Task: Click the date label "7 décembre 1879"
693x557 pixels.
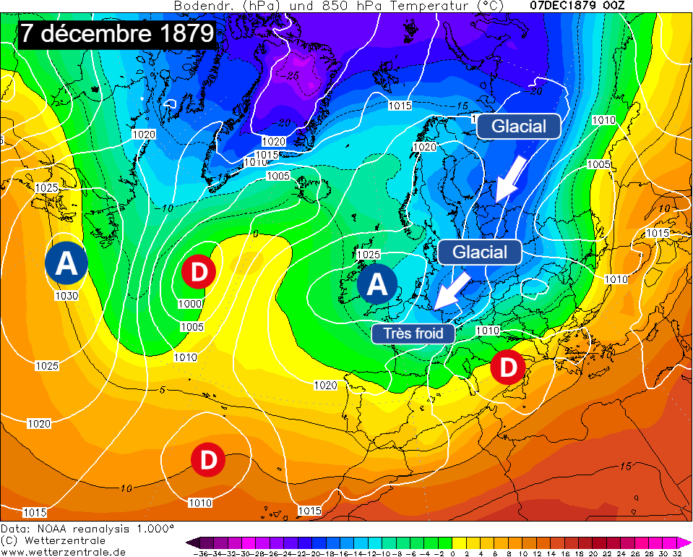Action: [x=117, y=33]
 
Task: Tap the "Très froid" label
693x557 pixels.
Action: [x=413, y=333]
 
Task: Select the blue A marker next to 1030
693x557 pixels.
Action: [x=66, y=264]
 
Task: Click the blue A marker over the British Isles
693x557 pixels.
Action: [x=376, y=284]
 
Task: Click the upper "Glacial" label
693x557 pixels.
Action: [x=518, y=126]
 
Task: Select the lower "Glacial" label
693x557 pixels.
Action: [x=479, y=252]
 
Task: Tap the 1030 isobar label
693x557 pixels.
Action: [x=66, y=295]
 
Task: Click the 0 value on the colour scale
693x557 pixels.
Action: [x=452, y=553]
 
